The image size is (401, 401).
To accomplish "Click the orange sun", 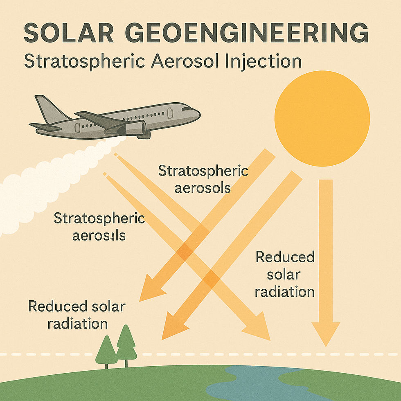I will pyautogui.click(x=322, y=118).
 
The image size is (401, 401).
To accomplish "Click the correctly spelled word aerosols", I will pyautogui.click(x=202, y=189).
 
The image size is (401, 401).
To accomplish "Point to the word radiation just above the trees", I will pyautogui.click(x=78, y=324).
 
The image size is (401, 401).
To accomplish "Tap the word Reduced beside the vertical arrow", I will pyautogui.click(x=285, y=257).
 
